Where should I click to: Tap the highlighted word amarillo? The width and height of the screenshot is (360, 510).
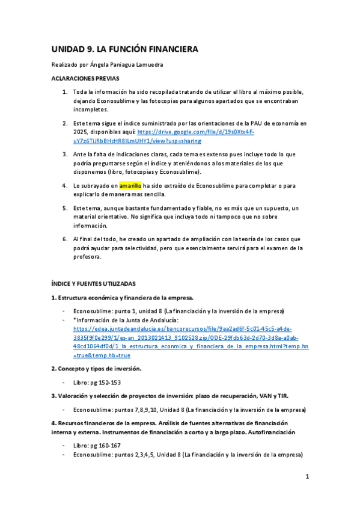(129, 185)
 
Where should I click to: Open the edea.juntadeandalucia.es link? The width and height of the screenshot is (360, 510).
(182, 329)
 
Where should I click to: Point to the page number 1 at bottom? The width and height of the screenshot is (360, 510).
(307, 477)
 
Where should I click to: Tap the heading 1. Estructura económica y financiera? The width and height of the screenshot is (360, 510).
(122, 298)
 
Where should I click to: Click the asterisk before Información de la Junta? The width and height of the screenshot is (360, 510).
(75, 320)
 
